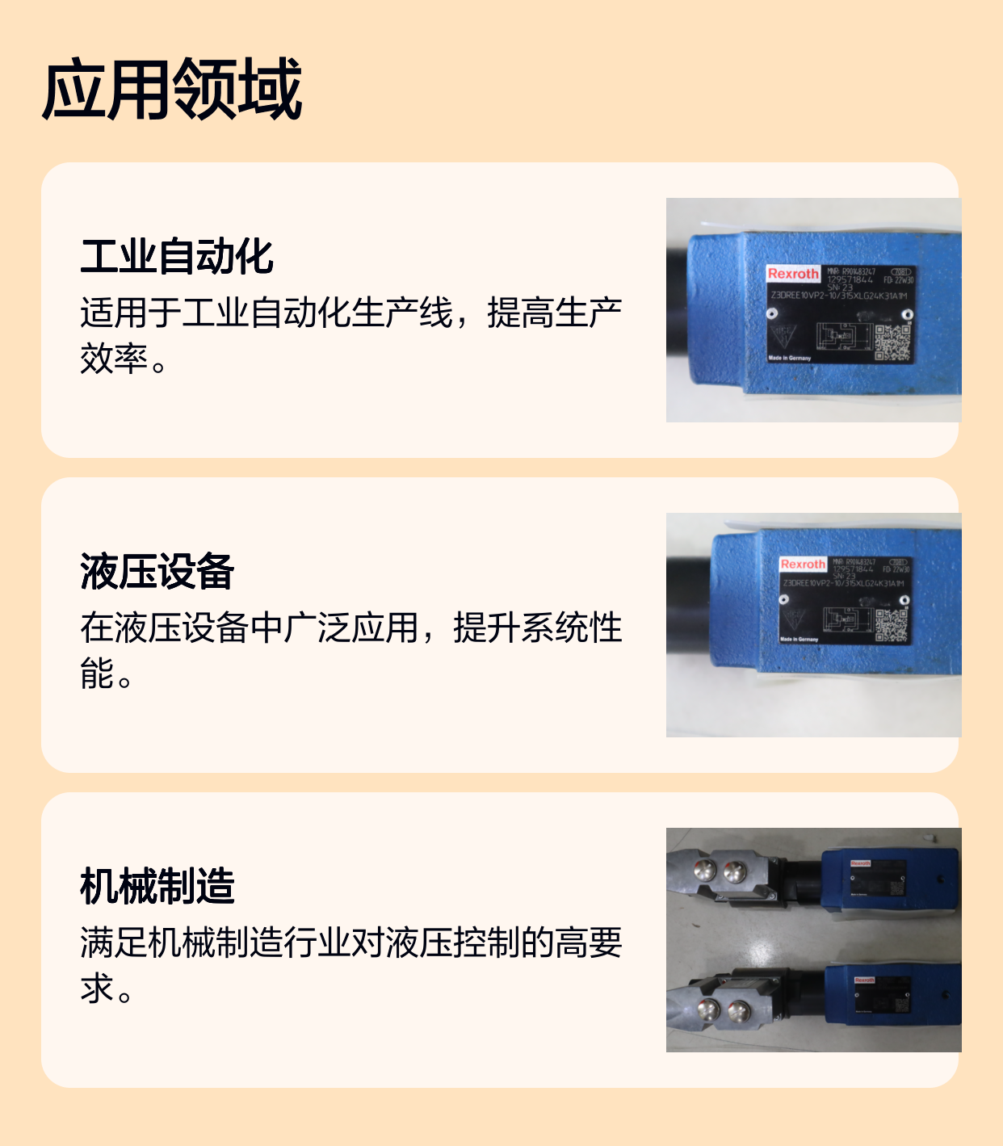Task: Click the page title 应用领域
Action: [172, 89]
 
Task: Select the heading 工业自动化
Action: [177, 256]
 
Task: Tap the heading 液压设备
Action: [157, 571]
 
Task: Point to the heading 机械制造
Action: [157, 886]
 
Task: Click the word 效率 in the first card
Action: [114, 359]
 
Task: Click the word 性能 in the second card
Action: [97, 674]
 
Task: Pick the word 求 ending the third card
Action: [97, 989]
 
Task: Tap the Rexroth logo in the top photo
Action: [792, 274]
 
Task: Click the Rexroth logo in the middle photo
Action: [803, 564]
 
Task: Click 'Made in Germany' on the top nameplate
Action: [789, 358]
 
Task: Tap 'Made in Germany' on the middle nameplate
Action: [799, 639]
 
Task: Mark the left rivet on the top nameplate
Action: [772, 313]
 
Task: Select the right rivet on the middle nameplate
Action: [904, 600]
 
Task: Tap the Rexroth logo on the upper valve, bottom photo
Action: [861, 863]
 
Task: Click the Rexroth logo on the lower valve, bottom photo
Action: [865, 980]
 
